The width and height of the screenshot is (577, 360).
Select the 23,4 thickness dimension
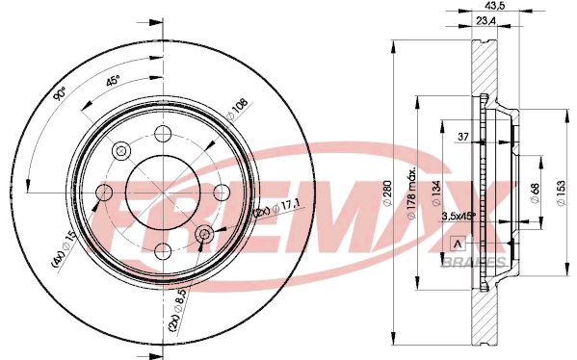[486, 21]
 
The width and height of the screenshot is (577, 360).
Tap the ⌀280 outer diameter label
[387, 193]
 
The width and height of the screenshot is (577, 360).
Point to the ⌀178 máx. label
[411, 193]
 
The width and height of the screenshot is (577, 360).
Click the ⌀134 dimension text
[435, 193]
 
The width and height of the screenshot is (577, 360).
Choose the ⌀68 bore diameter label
[535, 193]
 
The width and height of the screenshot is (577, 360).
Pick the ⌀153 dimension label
[561, 193]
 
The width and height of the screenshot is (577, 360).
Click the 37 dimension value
[463, 137]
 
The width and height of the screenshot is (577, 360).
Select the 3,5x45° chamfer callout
[459, 217]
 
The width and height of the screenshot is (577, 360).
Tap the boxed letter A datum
[458, 244]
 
